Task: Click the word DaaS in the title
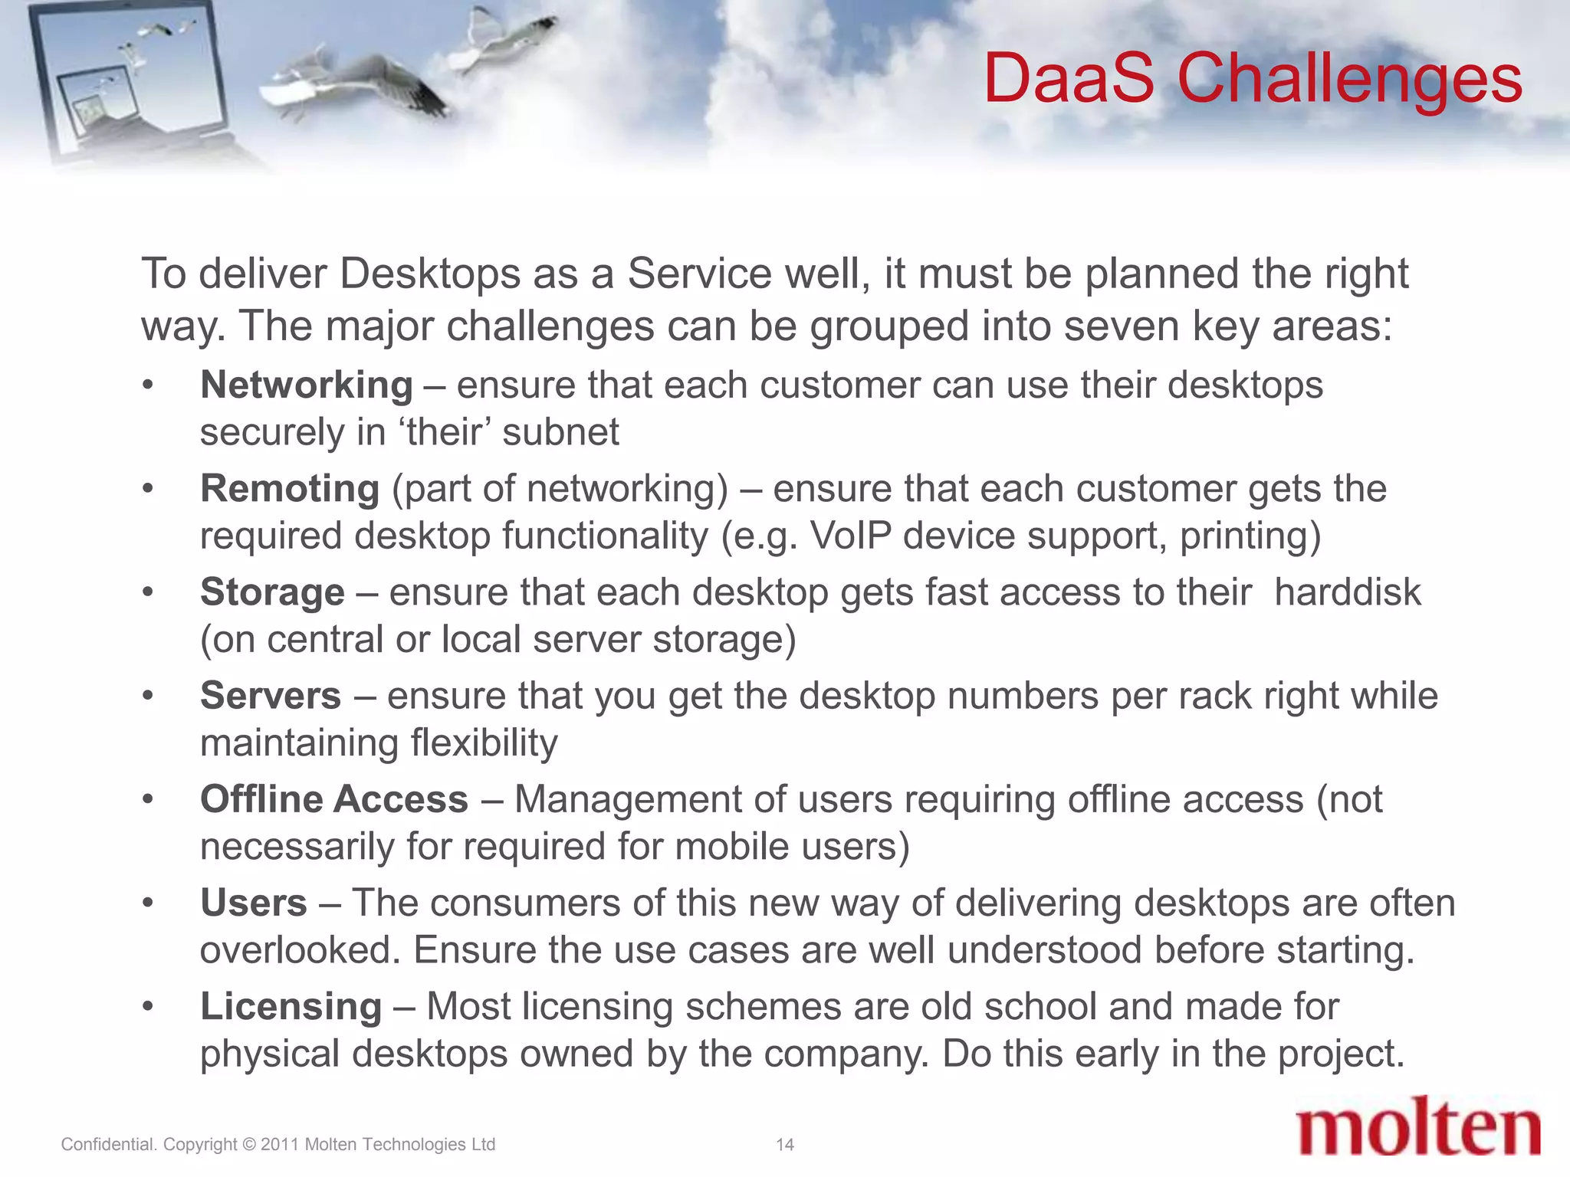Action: [1069, 78]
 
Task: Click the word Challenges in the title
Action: [1349, 80]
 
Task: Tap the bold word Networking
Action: [306, 385]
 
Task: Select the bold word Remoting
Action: [290, 488]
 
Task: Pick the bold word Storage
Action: [272, 592]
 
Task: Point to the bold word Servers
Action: [271, 696]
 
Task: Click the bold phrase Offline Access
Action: [334, 799]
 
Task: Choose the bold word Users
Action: [254, 903]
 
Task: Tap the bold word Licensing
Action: [291, 1006]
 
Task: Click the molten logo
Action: [1417, 1126]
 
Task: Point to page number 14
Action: [784, 1145]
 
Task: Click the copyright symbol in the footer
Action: [248, 1145]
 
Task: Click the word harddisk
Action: [1347, 592]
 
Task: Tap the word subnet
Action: [560, 432]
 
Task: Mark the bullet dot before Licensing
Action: [148, 1007]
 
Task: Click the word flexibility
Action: [484, 743]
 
